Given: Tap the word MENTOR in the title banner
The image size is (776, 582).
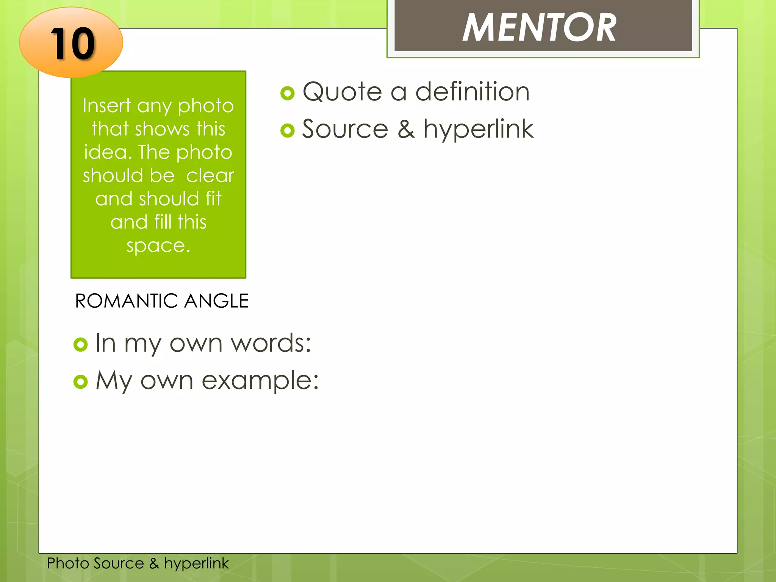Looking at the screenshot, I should click(x=539, y=27).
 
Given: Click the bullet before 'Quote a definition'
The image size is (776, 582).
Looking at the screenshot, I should click(x=288, y=93).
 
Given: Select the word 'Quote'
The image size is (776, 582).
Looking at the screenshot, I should click(x=342, y=92).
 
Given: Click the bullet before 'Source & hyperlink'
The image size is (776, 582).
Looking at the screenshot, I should click(x=288, y=131).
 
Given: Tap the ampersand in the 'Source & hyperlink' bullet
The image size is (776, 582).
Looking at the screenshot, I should click(x=406, y=129).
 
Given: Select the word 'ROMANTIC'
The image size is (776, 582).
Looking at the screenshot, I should click(x=127, y=301).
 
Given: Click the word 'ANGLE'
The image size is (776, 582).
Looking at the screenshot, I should click(x=216, y=301).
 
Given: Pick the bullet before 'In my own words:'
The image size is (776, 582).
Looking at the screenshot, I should click(x=80, y=344).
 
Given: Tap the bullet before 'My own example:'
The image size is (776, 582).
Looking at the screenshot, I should click(x=80, y=382).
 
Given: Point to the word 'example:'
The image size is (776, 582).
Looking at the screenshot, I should click(x=260, y=381).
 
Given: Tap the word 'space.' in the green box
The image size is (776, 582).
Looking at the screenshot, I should click(x=158, y=246).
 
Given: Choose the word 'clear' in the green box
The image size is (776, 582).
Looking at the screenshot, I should click(x=210, y=175).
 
